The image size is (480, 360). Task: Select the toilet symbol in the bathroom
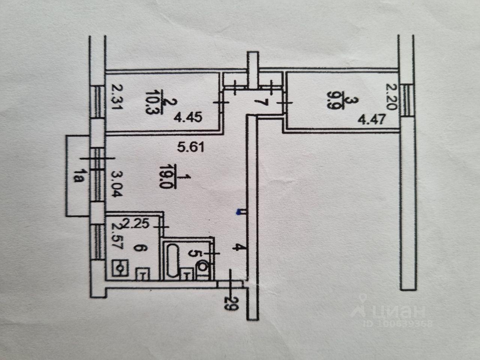202,268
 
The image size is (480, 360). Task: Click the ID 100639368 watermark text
397,323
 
